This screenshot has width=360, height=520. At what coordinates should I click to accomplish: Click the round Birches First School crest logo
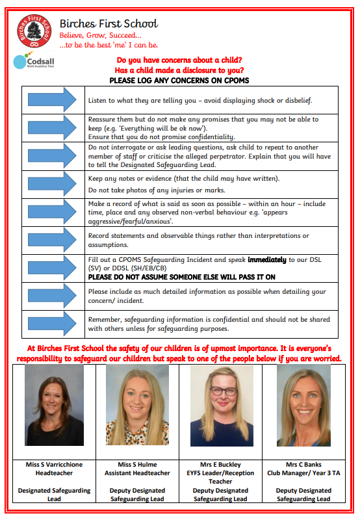tap(34, 31)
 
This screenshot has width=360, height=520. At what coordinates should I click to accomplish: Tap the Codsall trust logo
tap(34, 60)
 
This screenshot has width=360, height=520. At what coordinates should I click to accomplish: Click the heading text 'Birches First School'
tap(109, 23)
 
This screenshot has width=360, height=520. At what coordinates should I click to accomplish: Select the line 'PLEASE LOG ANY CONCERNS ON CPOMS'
tap(179, 81)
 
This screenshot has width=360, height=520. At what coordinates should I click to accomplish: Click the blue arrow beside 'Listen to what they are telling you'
tap(53, 99)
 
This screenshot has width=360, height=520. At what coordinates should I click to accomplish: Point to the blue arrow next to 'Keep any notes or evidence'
tap(53, 183)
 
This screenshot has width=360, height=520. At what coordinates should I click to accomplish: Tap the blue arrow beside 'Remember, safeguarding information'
tap(53, 323)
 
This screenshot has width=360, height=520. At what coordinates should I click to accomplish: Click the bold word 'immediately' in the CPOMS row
tap(267, 259)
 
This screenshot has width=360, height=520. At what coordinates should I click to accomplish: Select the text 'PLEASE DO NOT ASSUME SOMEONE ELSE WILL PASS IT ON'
tap(182, 278)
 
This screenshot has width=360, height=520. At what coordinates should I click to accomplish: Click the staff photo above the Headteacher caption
tap(54, 405)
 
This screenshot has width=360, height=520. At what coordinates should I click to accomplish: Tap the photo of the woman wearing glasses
tap(222, 406)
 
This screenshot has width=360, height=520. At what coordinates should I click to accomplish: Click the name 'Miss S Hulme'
tap(137, 465)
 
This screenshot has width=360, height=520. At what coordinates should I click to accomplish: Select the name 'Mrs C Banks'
tap(303, 465)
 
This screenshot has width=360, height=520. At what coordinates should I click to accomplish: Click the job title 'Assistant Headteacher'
tap(137, 473)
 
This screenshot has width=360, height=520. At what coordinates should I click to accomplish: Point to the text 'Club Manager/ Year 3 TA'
tap(303, 473)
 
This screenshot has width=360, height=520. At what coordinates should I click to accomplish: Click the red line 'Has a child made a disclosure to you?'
tap(179, 70)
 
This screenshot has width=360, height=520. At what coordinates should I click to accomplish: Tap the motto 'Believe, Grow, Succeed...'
tap(101, 36)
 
